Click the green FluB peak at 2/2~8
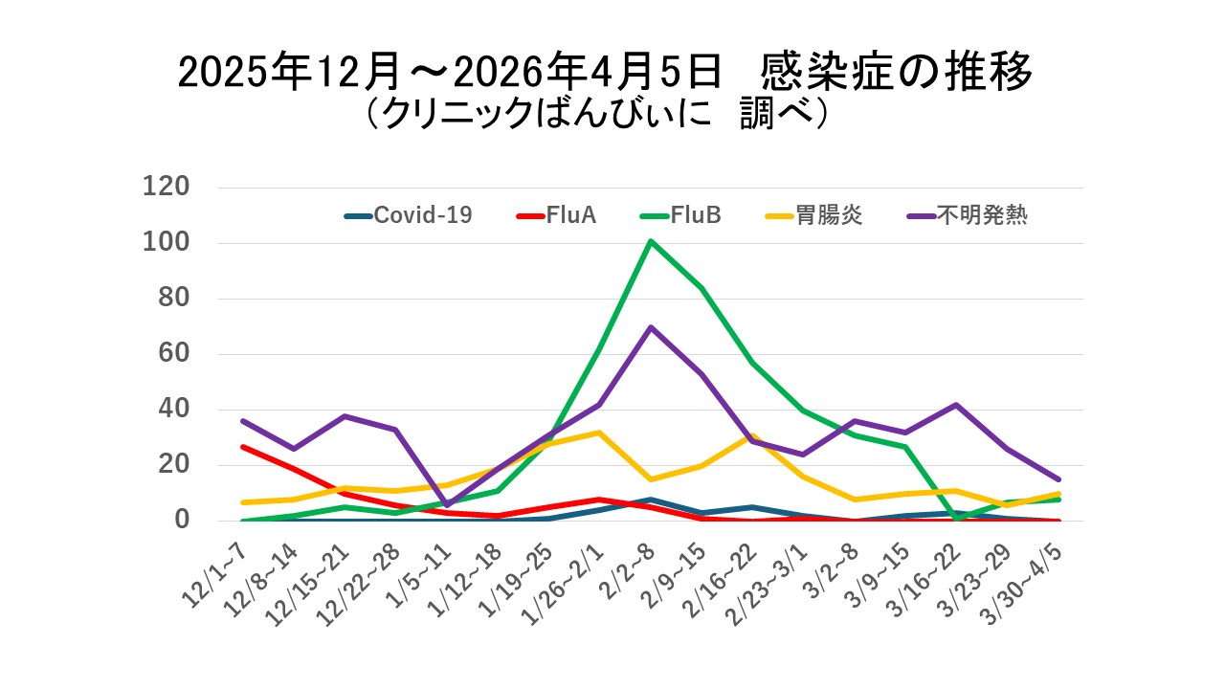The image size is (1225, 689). tap(651, 241)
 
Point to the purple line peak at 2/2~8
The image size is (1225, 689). tap(651, 327)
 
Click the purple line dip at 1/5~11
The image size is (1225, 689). tap(446, 504)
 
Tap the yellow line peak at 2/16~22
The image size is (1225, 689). tap(753, 436)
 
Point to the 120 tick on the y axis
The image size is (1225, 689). tap(167, 187)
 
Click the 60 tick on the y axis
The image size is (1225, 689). tap(175, 354)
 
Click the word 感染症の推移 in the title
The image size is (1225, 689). tap(898, 73)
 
